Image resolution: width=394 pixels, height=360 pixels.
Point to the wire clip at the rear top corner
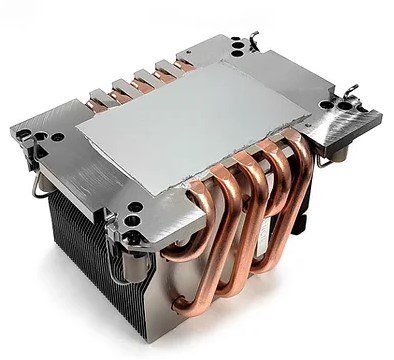click(249, 31)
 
